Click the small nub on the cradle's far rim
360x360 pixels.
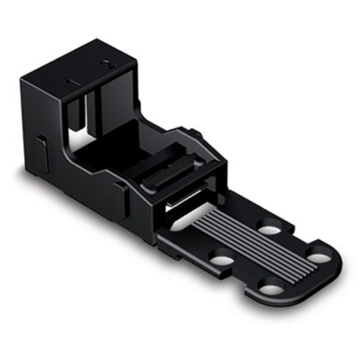click(195, 134)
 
